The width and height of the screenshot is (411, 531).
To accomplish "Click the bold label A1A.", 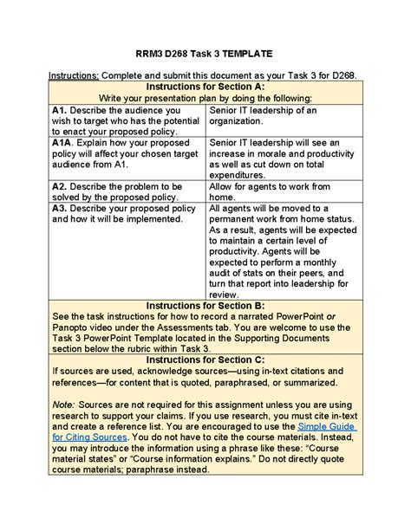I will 62,142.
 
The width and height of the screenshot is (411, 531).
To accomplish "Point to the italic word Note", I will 62,403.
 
